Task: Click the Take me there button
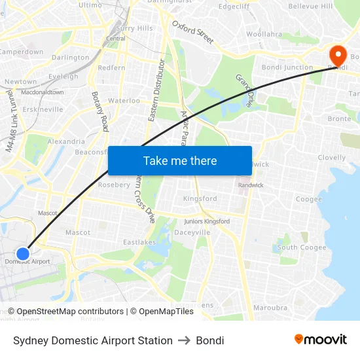point(180,160)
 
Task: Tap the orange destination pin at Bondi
point(338,53)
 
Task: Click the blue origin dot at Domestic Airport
point(23,253)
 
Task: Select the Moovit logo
point(320,340)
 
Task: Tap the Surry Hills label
point(134,28)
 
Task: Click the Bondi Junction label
point(287,67)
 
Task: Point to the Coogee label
point(309,199)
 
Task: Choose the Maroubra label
point(270,307)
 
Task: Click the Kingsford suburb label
point(200,198)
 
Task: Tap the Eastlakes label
point(139,242)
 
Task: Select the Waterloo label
point(124,101)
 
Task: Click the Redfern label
point(111,68)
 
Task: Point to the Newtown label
point(21,82)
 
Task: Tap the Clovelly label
point(332,158)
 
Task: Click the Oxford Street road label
point(193,31)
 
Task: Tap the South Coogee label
point(302,247)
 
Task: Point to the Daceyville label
point(192,232)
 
